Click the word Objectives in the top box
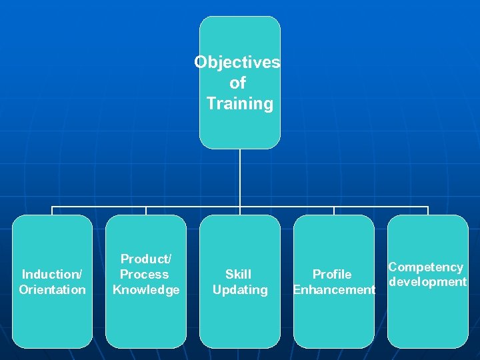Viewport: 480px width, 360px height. pos(237,62)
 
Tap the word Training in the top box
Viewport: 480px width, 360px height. pos(239,104)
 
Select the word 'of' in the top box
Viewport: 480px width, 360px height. pos(237,83)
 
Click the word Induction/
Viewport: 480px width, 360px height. pos(52,274)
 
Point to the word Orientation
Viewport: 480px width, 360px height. pos(52,289)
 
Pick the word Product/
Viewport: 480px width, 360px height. pos(145,259)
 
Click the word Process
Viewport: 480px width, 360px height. pos(144,274)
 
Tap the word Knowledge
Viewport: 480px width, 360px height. pos(146,289)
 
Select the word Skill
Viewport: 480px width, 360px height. pos(238,274)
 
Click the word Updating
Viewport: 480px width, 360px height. pos(240,289)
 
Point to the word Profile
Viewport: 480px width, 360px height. pos(332,274)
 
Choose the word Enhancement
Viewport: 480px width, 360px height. pos(334,289)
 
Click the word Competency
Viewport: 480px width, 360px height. pos(425,267)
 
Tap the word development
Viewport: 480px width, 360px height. pos(427,282)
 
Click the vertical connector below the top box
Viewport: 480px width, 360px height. pos(240,177)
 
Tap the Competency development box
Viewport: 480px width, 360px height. pos(427,317)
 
